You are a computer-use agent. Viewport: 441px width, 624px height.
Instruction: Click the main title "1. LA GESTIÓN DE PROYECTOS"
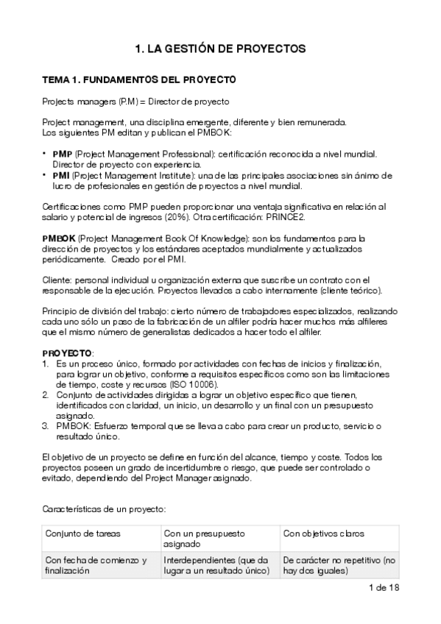pos(220,49)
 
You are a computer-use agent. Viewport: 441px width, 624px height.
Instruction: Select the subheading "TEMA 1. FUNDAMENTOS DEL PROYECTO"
pos(138,79)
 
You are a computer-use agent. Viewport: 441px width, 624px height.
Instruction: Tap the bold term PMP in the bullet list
pos(62,154)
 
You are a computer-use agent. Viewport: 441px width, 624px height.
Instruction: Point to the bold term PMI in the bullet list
pos(61,176)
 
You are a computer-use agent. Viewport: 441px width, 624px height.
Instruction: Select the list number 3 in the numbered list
pos(45,426)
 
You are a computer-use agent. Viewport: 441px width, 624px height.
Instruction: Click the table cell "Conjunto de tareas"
pos(82,533)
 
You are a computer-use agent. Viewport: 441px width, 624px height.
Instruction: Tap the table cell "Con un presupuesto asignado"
pos(205,539)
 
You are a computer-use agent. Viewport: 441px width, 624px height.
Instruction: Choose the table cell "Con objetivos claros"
pos(323,533)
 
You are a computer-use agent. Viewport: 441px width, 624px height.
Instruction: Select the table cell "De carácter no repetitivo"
pos(339,565)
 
